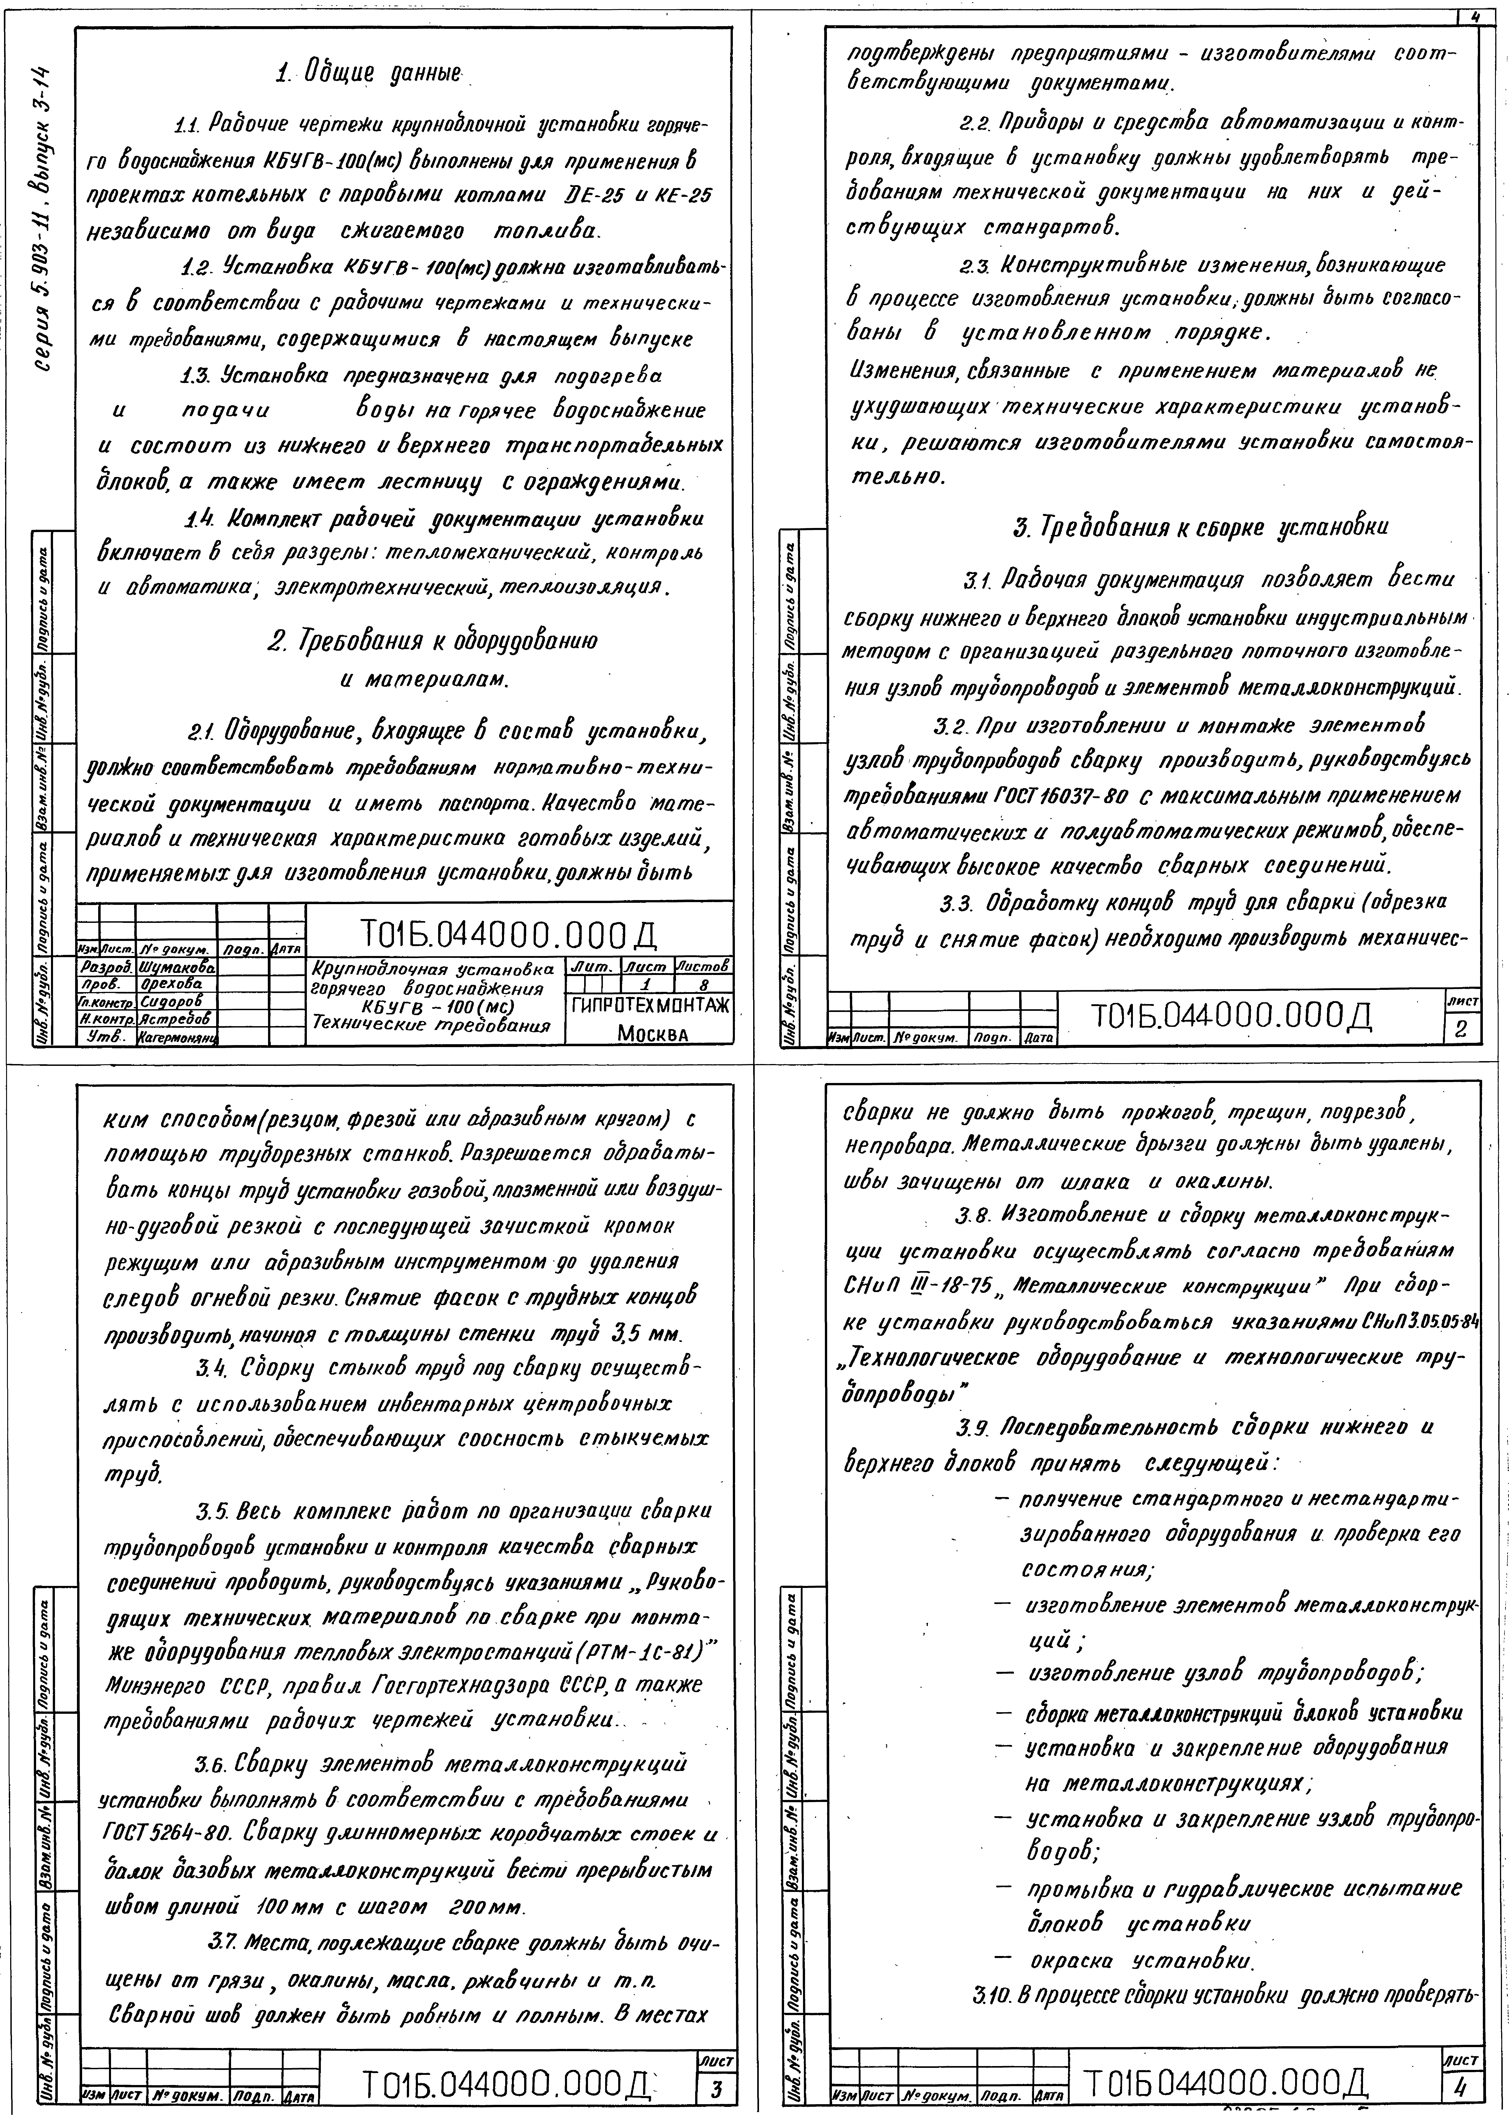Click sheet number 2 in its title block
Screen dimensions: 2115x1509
tap(1460, 1030)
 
